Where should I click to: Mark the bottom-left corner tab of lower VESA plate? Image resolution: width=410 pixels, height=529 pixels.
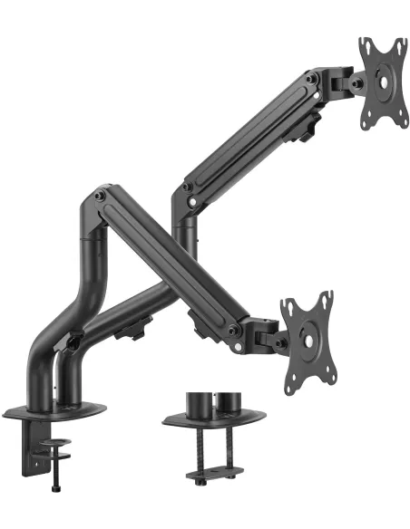click(x=289, y=390)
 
